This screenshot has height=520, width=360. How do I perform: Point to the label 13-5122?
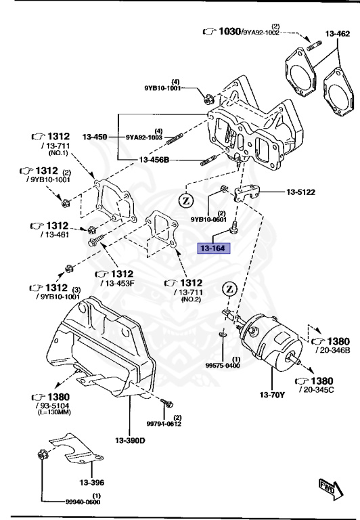[300, 192]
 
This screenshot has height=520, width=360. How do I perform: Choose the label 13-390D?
[131, 441]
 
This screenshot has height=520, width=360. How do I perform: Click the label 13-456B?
[154, 160]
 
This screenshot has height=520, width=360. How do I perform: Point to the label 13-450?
[95, 137]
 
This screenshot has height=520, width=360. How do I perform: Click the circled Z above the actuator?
[229, 290]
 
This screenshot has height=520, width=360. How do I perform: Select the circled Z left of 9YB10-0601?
[187, 200]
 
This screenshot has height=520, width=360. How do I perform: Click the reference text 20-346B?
[332, 351]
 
